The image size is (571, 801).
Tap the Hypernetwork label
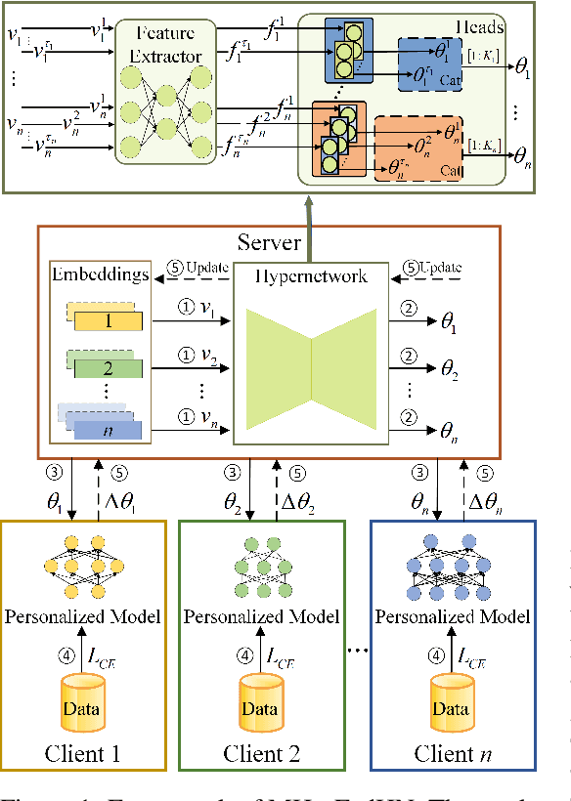click(x=310, y=276)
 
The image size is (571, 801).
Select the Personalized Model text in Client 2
click(x=261, y=617)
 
